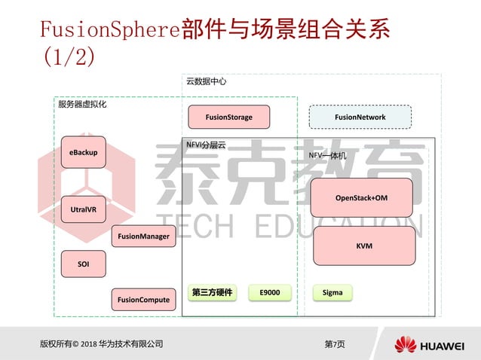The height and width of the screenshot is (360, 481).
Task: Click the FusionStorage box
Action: pos(229,117)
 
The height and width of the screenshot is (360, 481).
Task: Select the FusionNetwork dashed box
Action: pos(360,117)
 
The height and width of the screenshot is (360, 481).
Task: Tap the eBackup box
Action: pos(83,153)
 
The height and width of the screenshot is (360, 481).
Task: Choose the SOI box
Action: pos(83,264)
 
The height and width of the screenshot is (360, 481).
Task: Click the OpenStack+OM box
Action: pos(362,197)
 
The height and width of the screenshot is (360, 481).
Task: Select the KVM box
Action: pos(364,246)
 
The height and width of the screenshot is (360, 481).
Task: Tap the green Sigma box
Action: pos(332,292)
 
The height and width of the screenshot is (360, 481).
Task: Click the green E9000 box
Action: pos(270,292)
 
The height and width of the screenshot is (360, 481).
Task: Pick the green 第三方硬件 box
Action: pos(212,292)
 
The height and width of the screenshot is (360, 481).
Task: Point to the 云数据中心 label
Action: pos(206,81)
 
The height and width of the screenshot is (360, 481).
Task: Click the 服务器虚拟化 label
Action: pos(82,105)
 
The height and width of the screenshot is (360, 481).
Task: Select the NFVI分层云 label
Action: pos(206,144)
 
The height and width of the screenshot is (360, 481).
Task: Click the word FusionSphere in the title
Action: pos(109,31)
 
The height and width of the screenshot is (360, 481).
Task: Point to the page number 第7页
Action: pos(334,344)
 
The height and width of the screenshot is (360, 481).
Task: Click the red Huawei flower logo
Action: pos(405,345)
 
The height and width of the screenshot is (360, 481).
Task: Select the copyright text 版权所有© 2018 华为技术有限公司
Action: pos(101,344)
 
